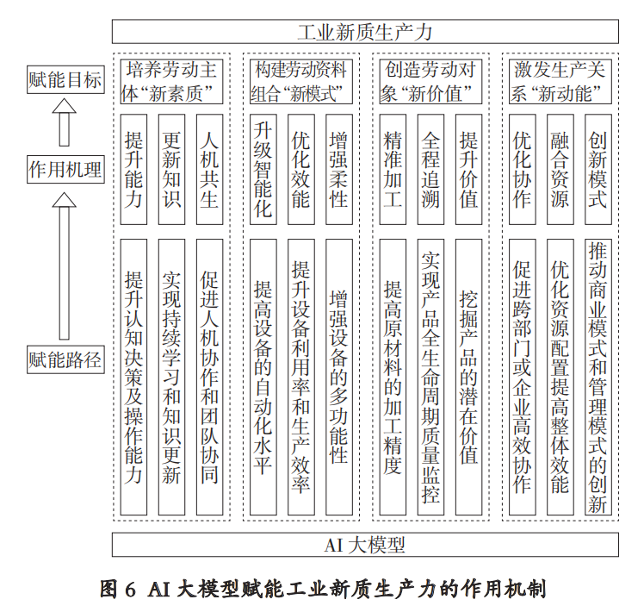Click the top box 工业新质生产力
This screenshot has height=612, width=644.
tap(365, 32)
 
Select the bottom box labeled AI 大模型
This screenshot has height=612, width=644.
tap(365, 545)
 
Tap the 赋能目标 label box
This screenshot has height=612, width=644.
tap(65, 81)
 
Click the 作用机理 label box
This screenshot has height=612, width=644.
tap(65, 169)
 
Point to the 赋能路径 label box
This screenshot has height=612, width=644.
tap(65, 358)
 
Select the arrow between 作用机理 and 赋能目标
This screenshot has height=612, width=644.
tap(64, 124)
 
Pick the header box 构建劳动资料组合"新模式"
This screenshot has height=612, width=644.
tap(301, 81)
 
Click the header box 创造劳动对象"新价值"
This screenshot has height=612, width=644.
tap(430, 81)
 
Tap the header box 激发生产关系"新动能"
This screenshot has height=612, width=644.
tap(560, 81)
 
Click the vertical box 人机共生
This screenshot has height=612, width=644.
tap(209, 169)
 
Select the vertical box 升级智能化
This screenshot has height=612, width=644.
tap(263, 169)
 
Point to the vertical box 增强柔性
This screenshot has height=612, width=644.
tap(338, 169)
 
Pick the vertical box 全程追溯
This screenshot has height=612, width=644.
tap(430, 169)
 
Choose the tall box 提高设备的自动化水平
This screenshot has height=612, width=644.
tap(263, 377)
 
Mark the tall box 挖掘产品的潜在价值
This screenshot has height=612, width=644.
tap(468, 377)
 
